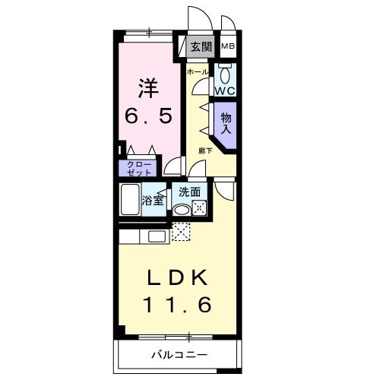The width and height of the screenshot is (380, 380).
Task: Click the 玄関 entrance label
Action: (x=201, y=46)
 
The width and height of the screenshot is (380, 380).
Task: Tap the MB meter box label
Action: (x=228, y=46)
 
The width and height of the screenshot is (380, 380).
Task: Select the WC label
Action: (x=225, y=90)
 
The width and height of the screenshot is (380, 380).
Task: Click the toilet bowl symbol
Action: (x=225, y=74)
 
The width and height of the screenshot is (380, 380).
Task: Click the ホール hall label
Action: (x=198, y=71)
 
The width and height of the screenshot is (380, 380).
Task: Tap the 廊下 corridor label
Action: (x=205, y=150)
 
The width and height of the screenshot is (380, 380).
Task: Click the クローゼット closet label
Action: (x=134, y=168)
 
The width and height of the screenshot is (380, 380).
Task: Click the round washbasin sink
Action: (x=182, y=208)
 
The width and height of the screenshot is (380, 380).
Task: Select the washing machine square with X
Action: (x=198, y=207)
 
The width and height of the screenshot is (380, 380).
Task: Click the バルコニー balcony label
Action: (x=179, y=354)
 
